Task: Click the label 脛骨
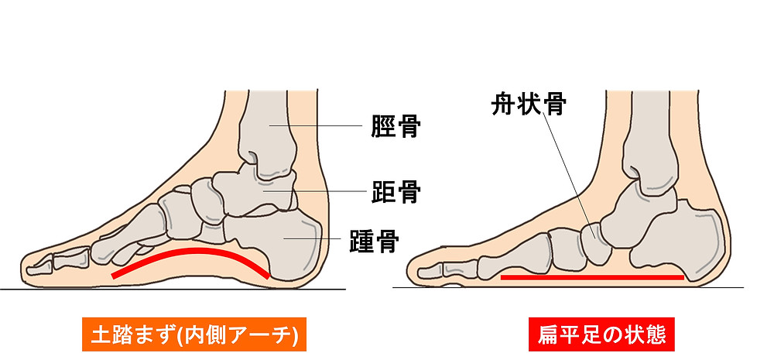tap(396, 126)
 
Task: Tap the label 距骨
tap(396, 191)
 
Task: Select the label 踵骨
tap(374, 241)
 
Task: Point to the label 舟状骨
tap(529, 105)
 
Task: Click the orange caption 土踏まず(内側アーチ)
tap(194, 334)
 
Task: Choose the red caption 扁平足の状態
tap(601, 334)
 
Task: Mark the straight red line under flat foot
tap(592, 277)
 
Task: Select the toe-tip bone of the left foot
tap(39, 268)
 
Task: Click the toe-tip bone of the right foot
tap(430, 271)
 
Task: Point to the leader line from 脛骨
tap(316, 126)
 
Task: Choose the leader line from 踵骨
tap(313, 239)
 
